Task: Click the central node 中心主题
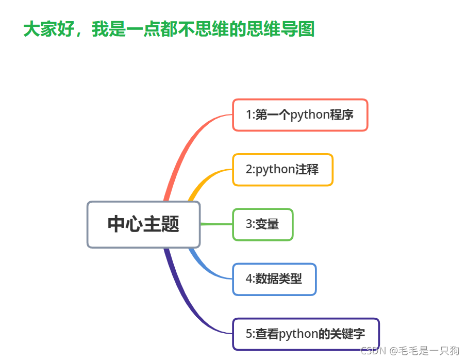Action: tap(143, 224)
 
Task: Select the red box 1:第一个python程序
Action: tap(299, 114)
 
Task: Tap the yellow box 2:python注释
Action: tap(282, 169)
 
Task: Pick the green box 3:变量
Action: tap(262, 224)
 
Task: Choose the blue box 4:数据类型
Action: tap(274, 279)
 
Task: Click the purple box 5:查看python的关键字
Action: tap(306, 334)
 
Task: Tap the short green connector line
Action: tap(216, 224)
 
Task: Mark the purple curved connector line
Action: tap(186, 304)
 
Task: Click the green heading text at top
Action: tap(169, 29)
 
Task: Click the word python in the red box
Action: tap(310, 114)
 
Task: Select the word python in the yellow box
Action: tap(276, 169)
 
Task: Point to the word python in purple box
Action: tap(298, 334)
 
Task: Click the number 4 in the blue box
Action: tap(248, 279)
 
